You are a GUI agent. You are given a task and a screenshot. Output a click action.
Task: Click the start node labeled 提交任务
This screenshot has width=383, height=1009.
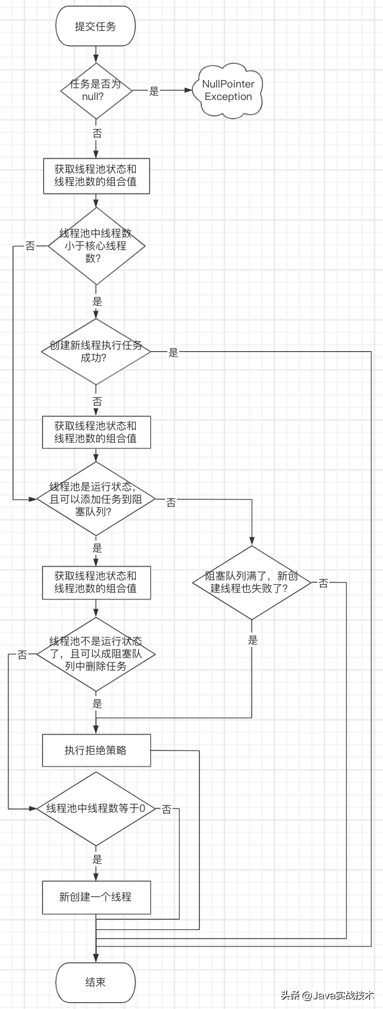(x=95, y=27)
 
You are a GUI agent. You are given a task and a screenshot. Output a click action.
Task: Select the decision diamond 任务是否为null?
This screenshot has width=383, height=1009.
(x=96, y=90)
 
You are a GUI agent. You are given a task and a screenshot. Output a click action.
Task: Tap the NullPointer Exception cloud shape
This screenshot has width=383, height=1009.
(x=228, y=90)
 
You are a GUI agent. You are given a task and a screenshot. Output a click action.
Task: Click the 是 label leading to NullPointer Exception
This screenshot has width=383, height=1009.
(x=154, y=91)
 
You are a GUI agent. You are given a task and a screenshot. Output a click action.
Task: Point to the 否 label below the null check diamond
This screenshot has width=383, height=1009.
(x=97, y=134)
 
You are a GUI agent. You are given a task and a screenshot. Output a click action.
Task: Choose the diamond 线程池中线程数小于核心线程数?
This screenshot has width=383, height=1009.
(x=96, y=245)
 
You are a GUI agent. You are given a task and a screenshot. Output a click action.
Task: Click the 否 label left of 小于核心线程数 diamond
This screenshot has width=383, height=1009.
(x=30, y=246)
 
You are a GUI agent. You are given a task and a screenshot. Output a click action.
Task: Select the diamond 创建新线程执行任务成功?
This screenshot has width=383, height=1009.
(x=96, y=352)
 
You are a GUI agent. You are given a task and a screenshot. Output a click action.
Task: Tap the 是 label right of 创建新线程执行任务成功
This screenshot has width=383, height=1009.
(x=173, y=353)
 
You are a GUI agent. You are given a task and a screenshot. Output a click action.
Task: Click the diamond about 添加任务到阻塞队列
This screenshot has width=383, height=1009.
(x=96, y=499)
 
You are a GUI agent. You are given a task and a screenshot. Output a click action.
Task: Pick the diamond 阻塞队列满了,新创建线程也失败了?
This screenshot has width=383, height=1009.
(x=252, y=582)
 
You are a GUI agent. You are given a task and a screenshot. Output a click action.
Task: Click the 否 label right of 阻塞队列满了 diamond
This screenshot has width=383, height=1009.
(x=323, y=583)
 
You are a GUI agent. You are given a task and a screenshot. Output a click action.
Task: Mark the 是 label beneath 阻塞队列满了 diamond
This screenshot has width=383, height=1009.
(x=253, y=640)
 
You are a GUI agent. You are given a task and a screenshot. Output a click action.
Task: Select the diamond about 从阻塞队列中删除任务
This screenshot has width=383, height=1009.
(x=96, y=654)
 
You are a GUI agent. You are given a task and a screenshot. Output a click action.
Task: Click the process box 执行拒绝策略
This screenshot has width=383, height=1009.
(x=96, y=751)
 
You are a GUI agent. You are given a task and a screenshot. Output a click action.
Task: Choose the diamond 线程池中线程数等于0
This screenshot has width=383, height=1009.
(x=96, y=808)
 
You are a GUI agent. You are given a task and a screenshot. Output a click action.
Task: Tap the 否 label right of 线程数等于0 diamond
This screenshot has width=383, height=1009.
(x=166, y=810)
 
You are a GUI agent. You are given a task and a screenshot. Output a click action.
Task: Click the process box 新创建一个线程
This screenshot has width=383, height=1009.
(x=96, y=897)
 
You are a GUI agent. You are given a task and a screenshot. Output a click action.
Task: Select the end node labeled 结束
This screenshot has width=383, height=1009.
(x=95, y=982)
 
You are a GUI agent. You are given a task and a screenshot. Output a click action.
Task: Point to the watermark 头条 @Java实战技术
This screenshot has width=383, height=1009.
(x=327, y=995)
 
